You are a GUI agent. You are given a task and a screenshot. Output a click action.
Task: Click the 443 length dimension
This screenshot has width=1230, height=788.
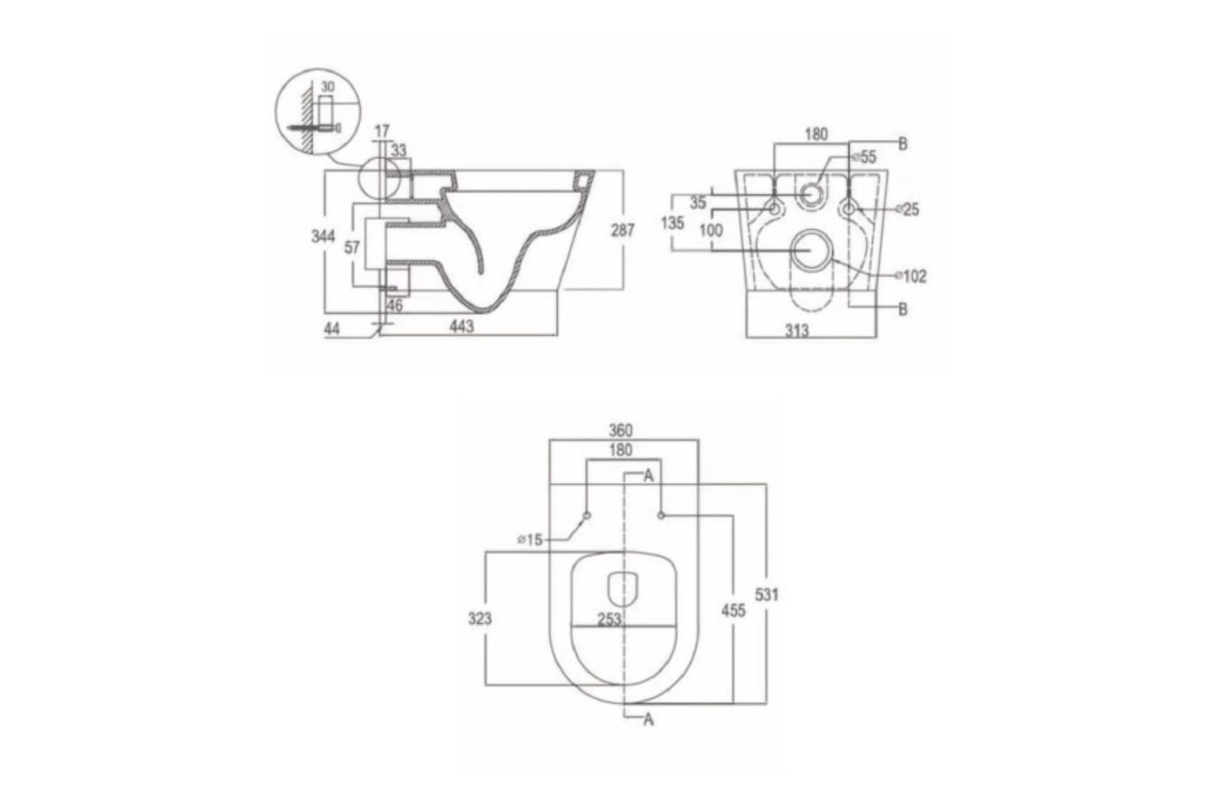[462, 326]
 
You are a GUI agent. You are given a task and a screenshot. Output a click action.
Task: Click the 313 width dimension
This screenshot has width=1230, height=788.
[797, 331]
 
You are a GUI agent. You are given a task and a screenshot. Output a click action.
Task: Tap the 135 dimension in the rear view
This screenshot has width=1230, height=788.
[672, 223]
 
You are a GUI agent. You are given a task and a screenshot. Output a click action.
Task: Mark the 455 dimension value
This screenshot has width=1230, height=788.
[733, 610]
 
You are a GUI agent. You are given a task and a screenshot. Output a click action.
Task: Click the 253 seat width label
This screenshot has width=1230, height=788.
[609, 620]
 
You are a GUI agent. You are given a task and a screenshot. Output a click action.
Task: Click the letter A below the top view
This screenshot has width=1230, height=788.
[648, 720]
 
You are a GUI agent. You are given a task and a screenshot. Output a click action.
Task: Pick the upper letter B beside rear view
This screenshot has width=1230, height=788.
[903, 144]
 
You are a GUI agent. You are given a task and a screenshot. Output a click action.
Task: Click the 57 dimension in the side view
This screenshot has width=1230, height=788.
[352, 248]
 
